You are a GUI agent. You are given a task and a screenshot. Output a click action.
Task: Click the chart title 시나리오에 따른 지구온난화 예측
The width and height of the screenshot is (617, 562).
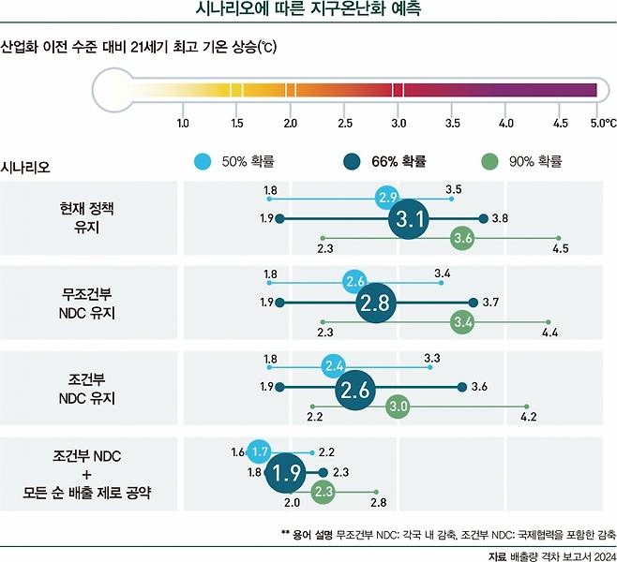pyautogui.click(x=308, y=11)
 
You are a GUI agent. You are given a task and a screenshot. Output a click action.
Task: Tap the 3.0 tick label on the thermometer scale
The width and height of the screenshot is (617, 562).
pyautogui.click(x=399, y=123)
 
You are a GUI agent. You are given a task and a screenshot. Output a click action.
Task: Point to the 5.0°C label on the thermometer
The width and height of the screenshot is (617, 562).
pyautogui.click(x=602, y=123)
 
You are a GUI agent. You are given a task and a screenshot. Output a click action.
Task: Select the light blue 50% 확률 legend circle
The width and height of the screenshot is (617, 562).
pyautogui.click(x=201, y=161)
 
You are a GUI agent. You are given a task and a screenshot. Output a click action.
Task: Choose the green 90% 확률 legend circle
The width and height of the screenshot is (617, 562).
pyautogui.click(x=488, y=161)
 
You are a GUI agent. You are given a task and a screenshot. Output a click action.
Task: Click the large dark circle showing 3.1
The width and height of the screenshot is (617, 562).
pyautogui.click(x=409, y=219)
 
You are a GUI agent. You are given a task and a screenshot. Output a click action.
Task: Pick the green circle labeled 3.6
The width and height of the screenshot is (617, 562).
pyautogui.click(x=461, y=238)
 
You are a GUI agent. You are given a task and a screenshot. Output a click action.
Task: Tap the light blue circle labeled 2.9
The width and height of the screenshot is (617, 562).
pyautogui.click(x=387, y=198)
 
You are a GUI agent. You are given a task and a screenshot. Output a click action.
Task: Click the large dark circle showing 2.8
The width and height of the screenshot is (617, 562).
pyautogui.click(x=377, y=303)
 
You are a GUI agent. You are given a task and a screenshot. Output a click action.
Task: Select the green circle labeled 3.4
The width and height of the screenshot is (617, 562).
pyautogui.click(x=462, y=322)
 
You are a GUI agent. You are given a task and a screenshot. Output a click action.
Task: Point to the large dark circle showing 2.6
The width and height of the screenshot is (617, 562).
pyautogui.click(x=354, y=388)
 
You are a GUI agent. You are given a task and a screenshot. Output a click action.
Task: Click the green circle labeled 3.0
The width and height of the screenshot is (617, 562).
pyautogui.click(x=398, y=407)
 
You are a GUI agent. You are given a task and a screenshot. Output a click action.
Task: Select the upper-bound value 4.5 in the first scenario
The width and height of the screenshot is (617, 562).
pyautogui.click(x=560, y=249)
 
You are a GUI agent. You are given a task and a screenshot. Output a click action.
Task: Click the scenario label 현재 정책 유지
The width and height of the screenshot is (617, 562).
pyautogui.click(x=92, y=216)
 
